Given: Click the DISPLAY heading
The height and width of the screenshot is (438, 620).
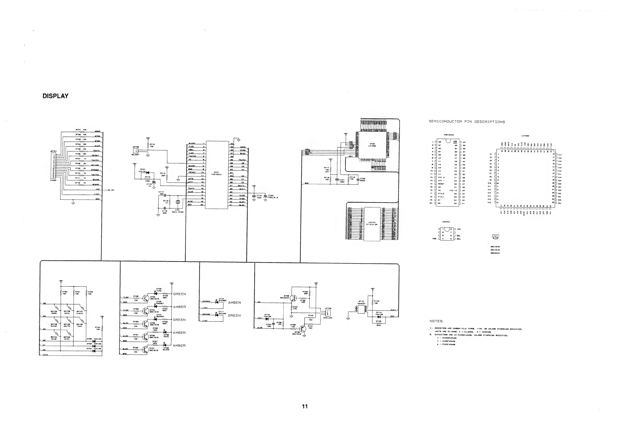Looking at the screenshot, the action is click(55, 96).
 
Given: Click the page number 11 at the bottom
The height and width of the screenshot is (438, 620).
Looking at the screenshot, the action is click(305, 406).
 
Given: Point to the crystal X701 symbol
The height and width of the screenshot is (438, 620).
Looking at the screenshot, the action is click(177, 202).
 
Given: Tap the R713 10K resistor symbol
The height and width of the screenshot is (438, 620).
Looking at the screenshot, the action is click(148, 146).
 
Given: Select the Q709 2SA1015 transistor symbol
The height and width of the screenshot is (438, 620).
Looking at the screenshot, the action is click(303, 329).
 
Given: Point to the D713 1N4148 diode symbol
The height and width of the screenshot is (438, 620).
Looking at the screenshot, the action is click(379, 317).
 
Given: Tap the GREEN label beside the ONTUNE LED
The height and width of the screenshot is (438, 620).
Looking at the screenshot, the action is click(234, 315).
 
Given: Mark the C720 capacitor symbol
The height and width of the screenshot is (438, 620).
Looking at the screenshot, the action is click(265, 197).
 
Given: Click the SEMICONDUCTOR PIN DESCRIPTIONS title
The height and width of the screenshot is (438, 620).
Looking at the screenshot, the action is click(467, 122).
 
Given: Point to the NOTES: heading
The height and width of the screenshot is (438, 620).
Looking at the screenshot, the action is click(436, 321).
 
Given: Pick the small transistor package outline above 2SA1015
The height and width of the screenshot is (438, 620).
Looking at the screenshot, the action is click(495, 237).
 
